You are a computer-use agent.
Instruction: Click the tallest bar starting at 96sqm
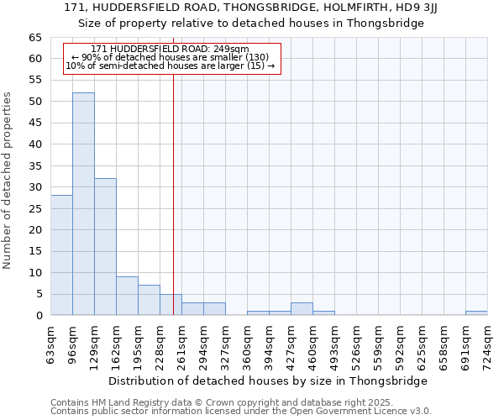tap(83, 204)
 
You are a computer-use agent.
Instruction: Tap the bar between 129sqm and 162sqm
tap(105, 247)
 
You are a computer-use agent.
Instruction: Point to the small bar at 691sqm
tap(476, 313)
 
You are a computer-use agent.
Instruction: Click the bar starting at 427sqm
tap(302, 309)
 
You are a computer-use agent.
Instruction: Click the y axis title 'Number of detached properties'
tap(8, 181)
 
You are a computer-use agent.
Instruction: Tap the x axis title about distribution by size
tap(269, 381)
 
